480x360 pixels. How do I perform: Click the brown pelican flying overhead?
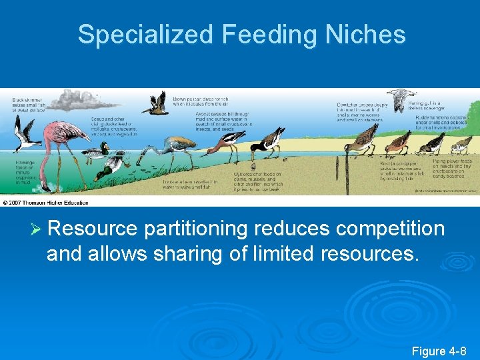pyautogui.click(x=156, y=103)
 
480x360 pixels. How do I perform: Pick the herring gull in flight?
pyautogui.click(x=399, y=98)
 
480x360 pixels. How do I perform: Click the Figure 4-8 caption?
pyautogui.click(x=439, y=351)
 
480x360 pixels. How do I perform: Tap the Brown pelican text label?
pyautogui.click(x=194, y=98)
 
